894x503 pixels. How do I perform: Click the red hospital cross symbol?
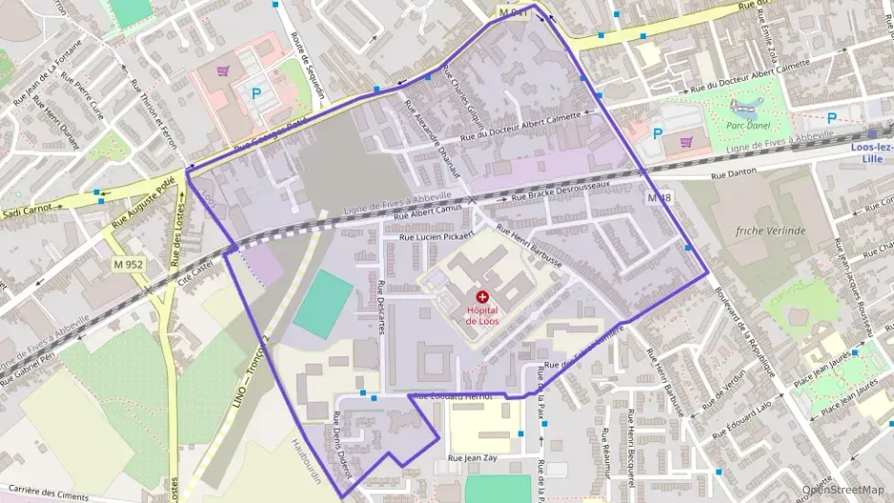pos(481,298)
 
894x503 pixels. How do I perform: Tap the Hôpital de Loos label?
pos(483,316)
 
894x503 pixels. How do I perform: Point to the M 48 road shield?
pos(659,198)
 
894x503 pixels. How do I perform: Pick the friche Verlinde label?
pos(771,231)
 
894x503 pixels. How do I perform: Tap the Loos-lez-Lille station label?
pos(873,152)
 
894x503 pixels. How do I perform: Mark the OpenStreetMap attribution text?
pos(842,490)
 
